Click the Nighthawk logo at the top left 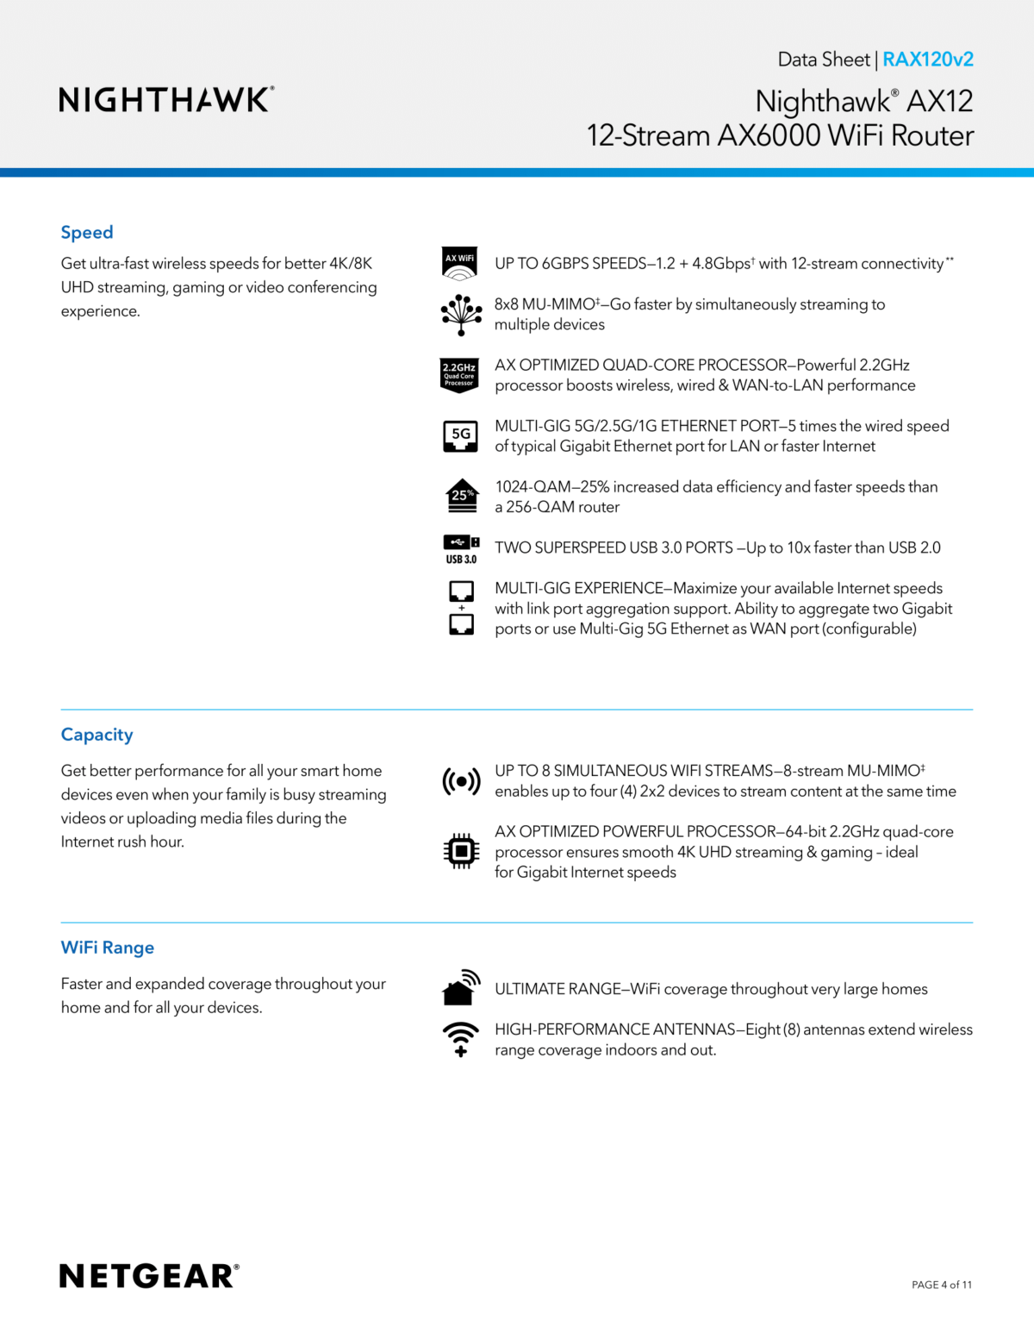pyautogui.click(x=166, y=100)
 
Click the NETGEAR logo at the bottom pyautogui.click(x=149, y=1276)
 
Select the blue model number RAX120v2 pyautogui.click(x=928, y=59)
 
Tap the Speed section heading pyautogui.click(x=87, y=233)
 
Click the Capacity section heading pyautogui.click(x=97, y=735)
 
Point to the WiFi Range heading pyautogui.click(x=108, y=948)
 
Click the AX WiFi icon pyautogui.click(x=460, y=264)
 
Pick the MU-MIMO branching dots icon pyautogui.click(x=461, y=315)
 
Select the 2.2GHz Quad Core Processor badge pyautogui.click(x=459, y=375)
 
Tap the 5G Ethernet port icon pyautogui.click(x=461, y=436)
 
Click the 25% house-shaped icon pyautogui.click(x=462, y=496)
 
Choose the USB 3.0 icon pyautogui.click(x=461, y=548)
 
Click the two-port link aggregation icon pyautogui.click(x=462, y=608)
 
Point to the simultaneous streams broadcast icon pyautogui.click(x=461, y=781)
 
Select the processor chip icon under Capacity pyautogui.click(x=461, y=852)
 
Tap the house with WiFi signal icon pyautogui.click(x=461, y=988)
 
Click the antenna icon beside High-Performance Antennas pyautogui.click(x=461, y=1039)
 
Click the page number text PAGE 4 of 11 pyautogui.click(x=942, y=1285)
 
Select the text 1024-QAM pyautogui.click(x=533, y=487)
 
